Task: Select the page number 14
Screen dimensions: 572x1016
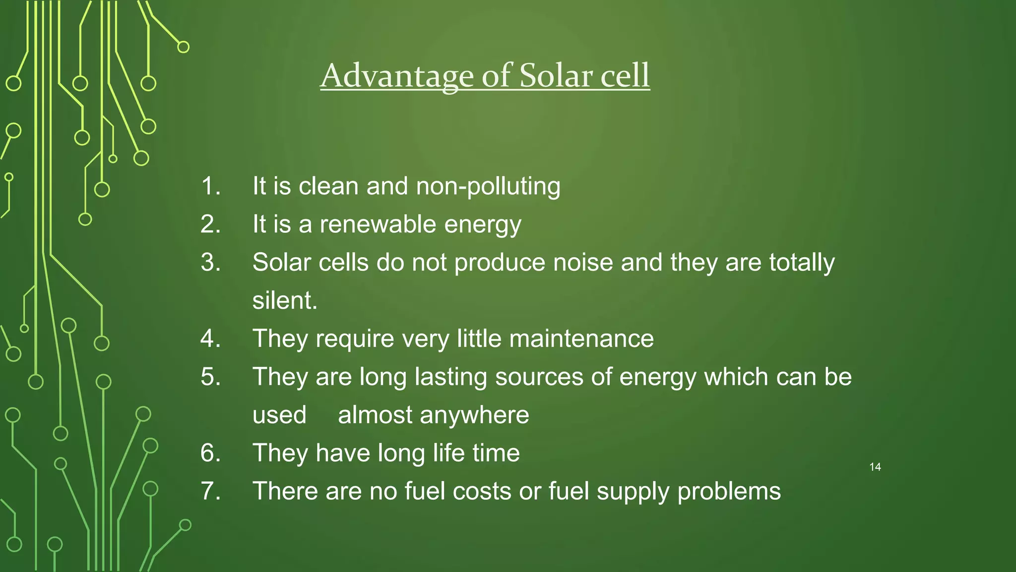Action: tap(875, 467)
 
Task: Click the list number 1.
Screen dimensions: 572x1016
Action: tap(210, 186)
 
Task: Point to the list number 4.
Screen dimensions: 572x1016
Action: tap(210, 339)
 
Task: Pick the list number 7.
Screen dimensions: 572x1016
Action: tap(210, 491)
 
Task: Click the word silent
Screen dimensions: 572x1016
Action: tap(285, 300)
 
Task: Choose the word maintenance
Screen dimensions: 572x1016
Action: tap(581, 339)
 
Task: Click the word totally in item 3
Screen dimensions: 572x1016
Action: tap(802, 263)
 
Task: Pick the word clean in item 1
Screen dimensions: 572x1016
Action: tap(328, 186)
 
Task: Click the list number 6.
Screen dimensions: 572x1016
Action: tap(210, 453)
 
